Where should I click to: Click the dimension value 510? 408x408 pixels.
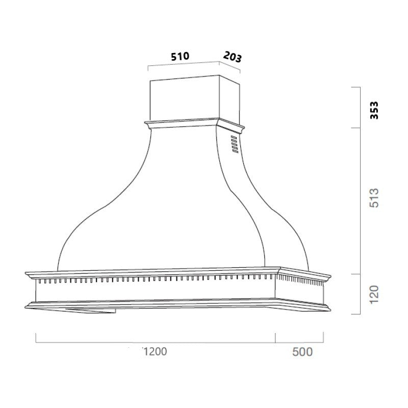click(180, 56)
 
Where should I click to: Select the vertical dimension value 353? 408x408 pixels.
click(374, 110)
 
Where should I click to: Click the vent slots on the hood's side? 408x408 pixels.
click(234, 144)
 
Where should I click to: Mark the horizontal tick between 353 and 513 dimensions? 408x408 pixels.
click(357, 127)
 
